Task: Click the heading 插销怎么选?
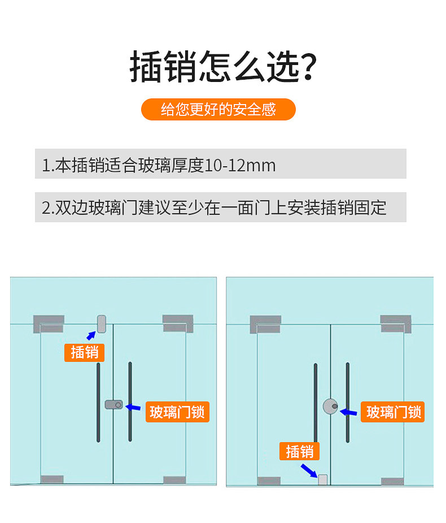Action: click(222, 67)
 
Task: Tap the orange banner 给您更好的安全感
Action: click(218, 109)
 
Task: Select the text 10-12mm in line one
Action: click(240, 165)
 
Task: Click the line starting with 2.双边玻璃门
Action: click(215, 207)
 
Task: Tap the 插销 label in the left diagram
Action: click(85, 352)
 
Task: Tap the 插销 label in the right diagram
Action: click(300, 451)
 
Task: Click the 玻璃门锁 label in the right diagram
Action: click(393, 412)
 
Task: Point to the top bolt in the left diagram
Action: click(102, 324)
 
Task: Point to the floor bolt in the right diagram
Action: click(323, 479)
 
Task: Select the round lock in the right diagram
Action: click(330, 406)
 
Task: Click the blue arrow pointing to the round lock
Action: click(348, 411)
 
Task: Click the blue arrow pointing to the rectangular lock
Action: click(133, 407)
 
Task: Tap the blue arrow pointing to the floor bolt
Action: click(308, 470)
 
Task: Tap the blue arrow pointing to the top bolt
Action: click(91, 335)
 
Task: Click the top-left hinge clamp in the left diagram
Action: click(49, 323)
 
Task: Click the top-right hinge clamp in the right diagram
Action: click(395, 323)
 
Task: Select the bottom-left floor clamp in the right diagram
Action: click(269, 481)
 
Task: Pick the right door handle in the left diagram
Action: click(130, 401)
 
